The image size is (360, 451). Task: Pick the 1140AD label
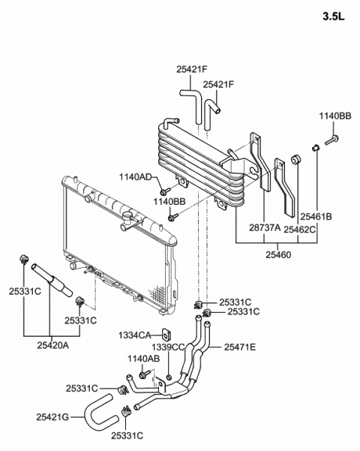point(136,177)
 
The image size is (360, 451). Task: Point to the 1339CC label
point(167,347)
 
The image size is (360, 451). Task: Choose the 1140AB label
point(143,359)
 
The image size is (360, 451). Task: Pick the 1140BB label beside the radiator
point(169,202)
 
